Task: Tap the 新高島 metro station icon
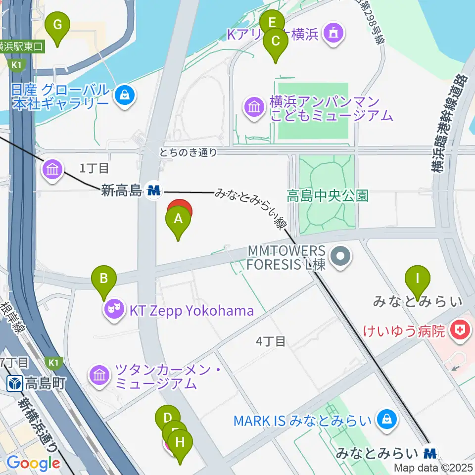click(154, 190)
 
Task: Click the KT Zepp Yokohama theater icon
click(114, 311)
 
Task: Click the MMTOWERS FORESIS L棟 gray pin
click(340, 257)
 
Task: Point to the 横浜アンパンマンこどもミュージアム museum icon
click(254, 106)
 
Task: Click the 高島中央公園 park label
click(328, 196)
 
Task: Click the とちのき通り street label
click(188, 152)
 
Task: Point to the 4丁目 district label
click(271, 341)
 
